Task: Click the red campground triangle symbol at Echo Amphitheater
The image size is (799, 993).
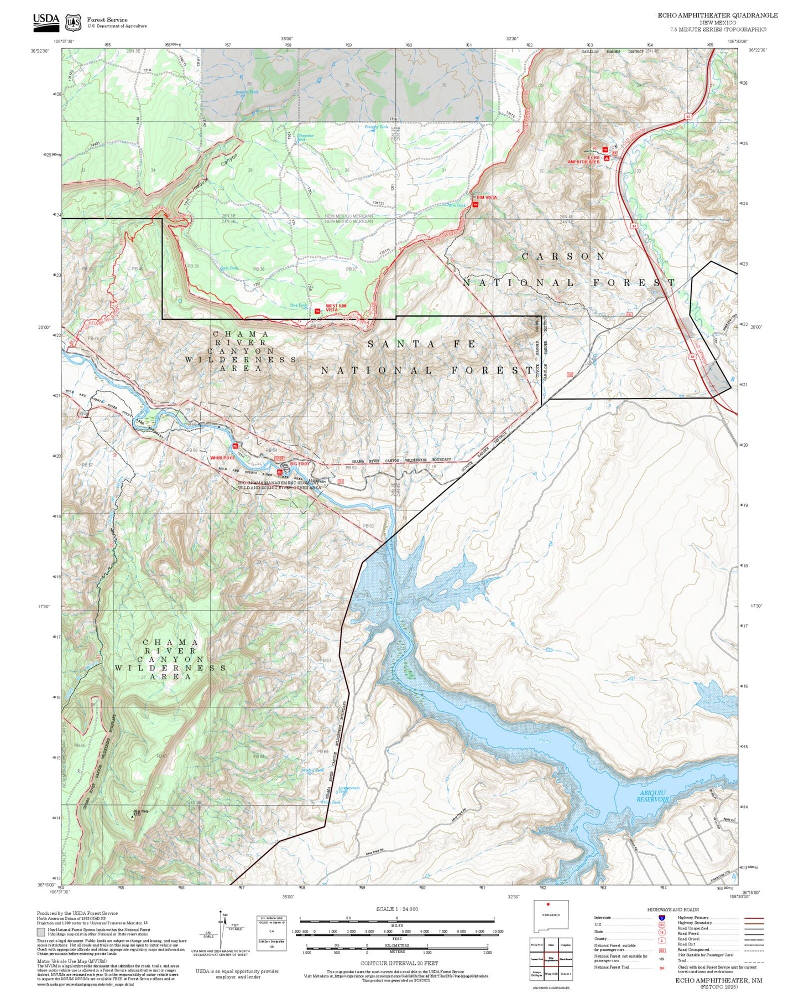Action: click(607, 158)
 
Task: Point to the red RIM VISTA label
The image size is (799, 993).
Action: click(487, 197)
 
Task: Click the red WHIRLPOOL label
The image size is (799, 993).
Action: click(222, 458)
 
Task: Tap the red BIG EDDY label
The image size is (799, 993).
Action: click(300, 463)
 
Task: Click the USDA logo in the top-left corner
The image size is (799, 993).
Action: click(46, 20)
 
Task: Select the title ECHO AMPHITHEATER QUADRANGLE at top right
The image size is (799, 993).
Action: click(717, 15)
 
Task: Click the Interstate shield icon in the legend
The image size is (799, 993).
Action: click(661, 918)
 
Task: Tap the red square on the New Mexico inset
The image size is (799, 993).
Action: click(548, 905)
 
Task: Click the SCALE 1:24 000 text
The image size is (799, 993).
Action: click(396, 909)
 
